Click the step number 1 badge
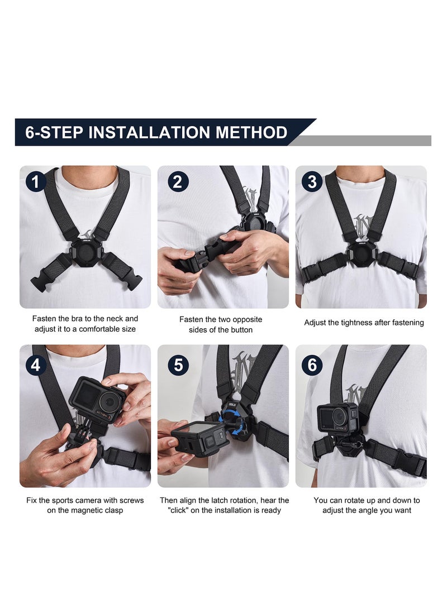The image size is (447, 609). [x=36, y=182]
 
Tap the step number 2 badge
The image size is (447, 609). [x=178, y=182]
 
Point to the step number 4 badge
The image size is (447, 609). [x=36, y=365]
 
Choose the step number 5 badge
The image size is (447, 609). [x=178, y=365]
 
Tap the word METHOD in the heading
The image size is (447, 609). [x=251, y=133]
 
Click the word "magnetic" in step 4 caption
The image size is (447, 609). [x=89, y=510]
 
